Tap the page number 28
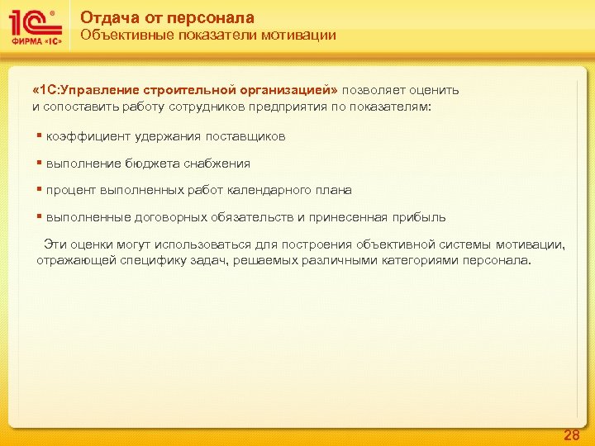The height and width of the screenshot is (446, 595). tap(571, 435)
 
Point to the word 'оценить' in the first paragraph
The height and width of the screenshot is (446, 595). tap(435, 90)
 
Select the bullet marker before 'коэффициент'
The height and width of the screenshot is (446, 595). tap(40, 135)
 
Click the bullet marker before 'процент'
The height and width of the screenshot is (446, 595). tap(40, 189)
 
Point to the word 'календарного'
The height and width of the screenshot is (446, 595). tap(269, 190)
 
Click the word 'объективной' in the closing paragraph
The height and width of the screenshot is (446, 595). tap(397, 244)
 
